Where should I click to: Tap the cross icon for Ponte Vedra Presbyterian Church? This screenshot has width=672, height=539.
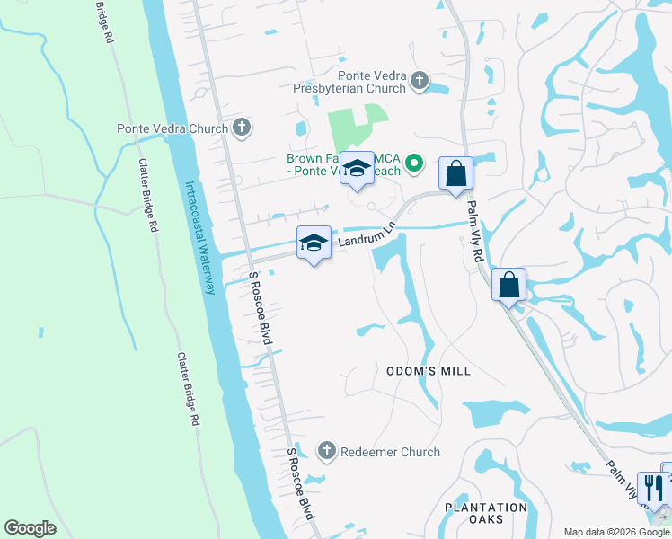[x=420, y=83]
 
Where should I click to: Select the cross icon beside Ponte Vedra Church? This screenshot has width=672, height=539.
[x=241, y=128]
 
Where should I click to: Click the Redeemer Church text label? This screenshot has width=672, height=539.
[x=390, y=453]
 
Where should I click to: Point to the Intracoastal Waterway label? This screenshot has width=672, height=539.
[x=200, y=238]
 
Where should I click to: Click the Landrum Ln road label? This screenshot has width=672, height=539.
[x=367, y=237]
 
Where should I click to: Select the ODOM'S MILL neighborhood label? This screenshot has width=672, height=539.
[x=429, y=371]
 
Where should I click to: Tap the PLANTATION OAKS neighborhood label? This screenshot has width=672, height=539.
[x=486, y=514]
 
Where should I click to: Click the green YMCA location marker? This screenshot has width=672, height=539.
[x=413, y=163]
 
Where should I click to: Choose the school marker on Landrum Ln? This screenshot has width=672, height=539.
[x=314, y=243]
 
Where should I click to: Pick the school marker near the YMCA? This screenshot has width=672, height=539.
[x=357, y=169]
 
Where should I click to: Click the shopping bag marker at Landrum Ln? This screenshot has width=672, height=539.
[x=455, y=173]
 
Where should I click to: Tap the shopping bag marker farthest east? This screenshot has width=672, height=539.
[x=508, y=285]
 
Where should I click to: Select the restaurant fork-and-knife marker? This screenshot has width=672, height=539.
[x=653, y=489]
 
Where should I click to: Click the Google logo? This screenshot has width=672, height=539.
[x=30, y=528]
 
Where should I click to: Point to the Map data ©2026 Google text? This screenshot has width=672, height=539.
[x=616, y=532]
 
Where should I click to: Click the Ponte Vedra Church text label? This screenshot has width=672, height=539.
[x=172, y=128]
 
